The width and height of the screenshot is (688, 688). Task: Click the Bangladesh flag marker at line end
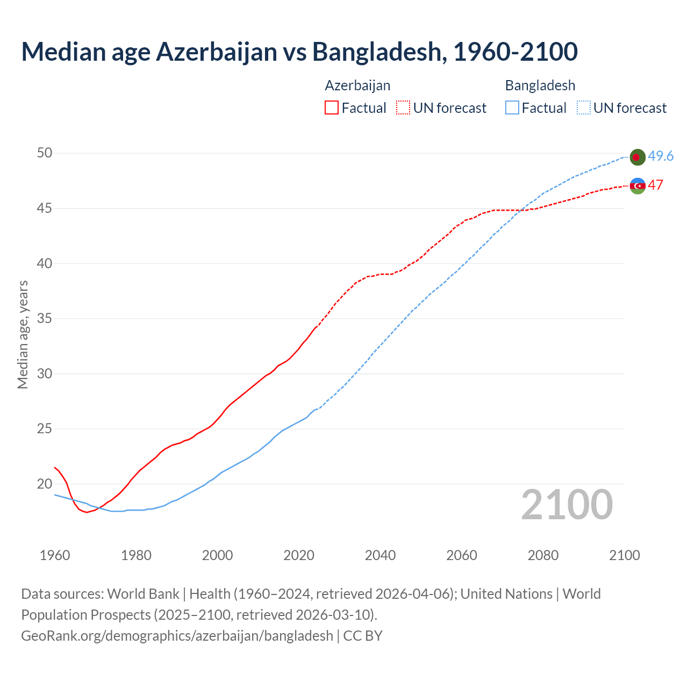pos(637,157)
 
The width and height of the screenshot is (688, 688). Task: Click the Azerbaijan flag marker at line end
pos(637,185)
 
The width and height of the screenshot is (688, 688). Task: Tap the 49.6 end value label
pos(661,156)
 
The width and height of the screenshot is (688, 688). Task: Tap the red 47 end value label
pos(655,185)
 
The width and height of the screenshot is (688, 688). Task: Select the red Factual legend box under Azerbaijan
pos(332,108)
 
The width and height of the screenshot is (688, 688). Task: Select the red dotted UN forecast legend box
pos(403,108)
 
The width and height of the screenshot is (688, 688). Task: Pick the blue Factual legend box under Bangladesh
pos(512,108)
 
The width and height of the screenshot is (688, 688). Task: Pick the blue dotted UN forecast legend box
pos(583,108)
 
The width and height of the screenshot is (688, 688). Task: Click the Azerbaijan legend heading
pos(357,85)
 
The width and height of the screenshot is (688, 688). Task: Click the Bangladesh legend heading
pos(540,85)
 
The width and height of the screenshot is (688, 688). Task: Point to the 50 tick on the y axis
pos(45,153)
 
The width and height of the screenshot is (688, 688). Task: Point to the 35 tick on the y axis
pos(45,319)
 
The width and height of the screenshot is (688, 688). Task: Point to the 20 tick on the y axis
pos(45,484)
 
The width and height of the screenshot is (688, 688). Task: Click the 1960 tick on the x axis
pos(55,555)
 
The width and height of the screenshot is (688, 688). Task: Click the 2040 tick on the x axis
pos(380,555)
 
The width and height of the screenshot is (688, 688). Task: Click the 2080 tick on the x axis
pos(543,555)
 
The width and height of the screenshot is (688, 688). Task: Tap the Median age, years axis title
pos(23,334)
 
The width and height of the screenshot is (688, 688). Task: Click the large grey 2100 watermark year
pos(567,505)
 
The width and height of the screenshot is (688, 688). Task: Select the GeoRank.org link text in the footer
pos(177,636)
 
